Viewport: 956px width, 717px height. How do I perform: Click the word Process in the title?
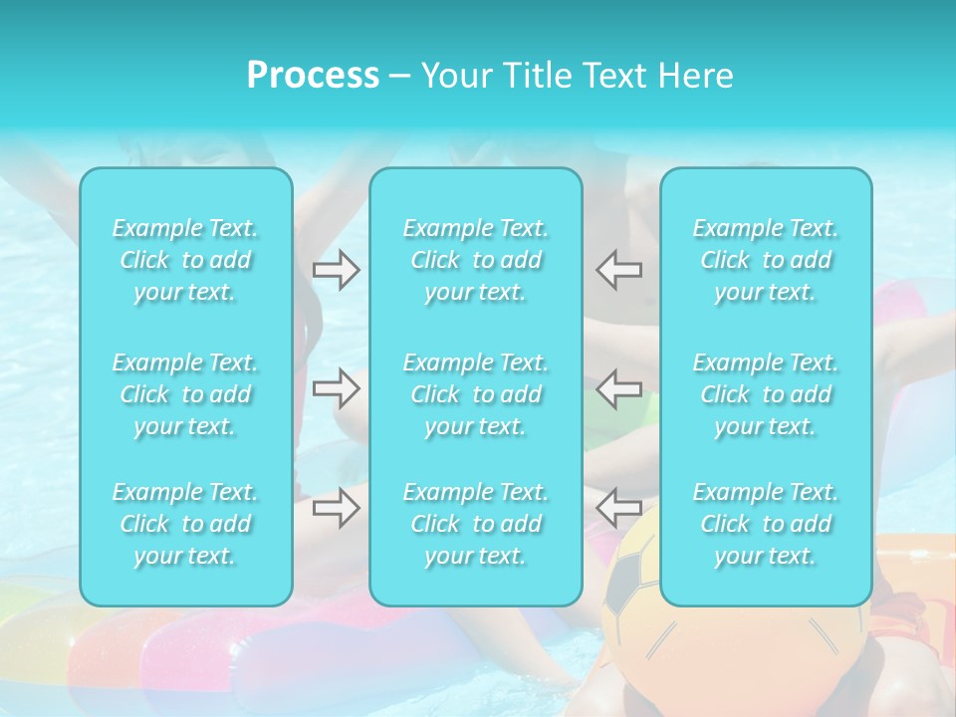[313, 76]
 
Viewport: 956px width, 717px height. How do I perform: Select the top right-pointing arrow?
[336, 269]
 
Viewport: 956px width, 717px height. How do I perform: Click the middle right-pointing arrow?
[336, 388]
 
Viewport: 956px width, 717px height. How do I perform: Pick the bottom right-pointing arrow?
[336, 508]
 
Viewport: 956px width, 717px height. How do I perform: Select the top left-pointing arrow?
[618, 269]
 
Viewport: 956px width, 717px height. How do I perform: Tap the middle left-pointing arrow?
[618, 388]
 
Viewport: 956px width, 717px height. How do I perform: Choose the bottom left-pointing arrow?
[618, 508]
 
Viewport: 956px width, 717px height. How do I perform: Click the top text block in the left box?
[185, 260]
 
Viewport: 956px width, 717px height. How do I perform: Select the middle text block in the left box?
[185, 394]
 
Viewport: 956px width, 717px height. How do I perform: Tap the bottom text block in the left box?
[185, 524]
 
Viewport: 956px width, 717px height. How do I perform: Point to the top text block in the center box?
[476, 260]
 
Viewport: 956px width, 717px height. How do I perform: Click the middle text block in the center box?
[476, 394]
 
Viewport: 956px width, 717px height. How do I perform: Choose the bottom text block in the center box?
[476, 524]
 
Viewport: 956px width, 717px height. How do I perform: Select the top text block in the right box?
[766, 260]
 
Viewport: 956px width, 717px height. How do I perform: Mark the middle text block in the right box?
[766, 394]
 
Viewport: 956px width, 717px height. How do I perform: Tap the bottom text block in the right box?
[766, 524]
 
